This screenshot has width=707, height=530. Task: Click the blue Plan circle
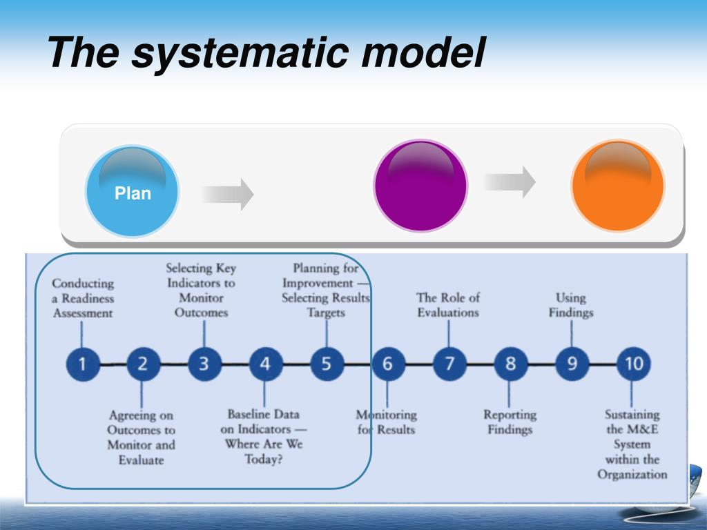tap(132, 190)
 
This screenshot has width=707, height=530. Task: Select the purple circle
tap(420, 186)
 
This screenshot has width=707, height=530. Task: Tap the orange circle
tap(618, 185)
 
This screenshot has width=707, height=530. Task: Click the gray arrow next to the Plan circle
tap(228, 194)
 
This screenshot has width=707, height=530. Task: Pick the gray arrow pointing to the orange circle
tap(510, 182)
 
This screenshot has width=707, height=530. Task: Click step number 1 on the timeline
tap(83, 364)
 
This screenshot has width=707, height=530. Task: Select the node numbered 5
tap(327, 364)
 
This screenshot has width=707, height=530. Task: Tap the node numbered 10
tap(634, 364)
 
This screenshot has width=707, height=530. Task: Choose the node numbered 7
tap(449, 364)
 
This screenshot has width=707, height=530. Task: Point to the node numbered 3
tap(204, 364)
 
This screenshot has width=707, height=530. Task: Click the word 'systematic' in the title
tap(240, 54)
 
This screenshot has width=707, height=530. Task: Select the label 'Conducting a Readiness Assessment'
tap(83, 298)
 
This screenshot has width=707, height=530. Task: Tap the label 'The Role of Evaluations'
tap(447, 304)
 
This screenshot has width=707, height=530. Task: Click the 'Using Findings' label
tap(571, 305)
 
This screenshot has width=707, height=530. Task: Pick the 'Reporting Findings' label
tap(510, 422)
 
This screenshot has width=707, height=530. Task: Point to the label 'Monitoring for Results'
tap(387, 422)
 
